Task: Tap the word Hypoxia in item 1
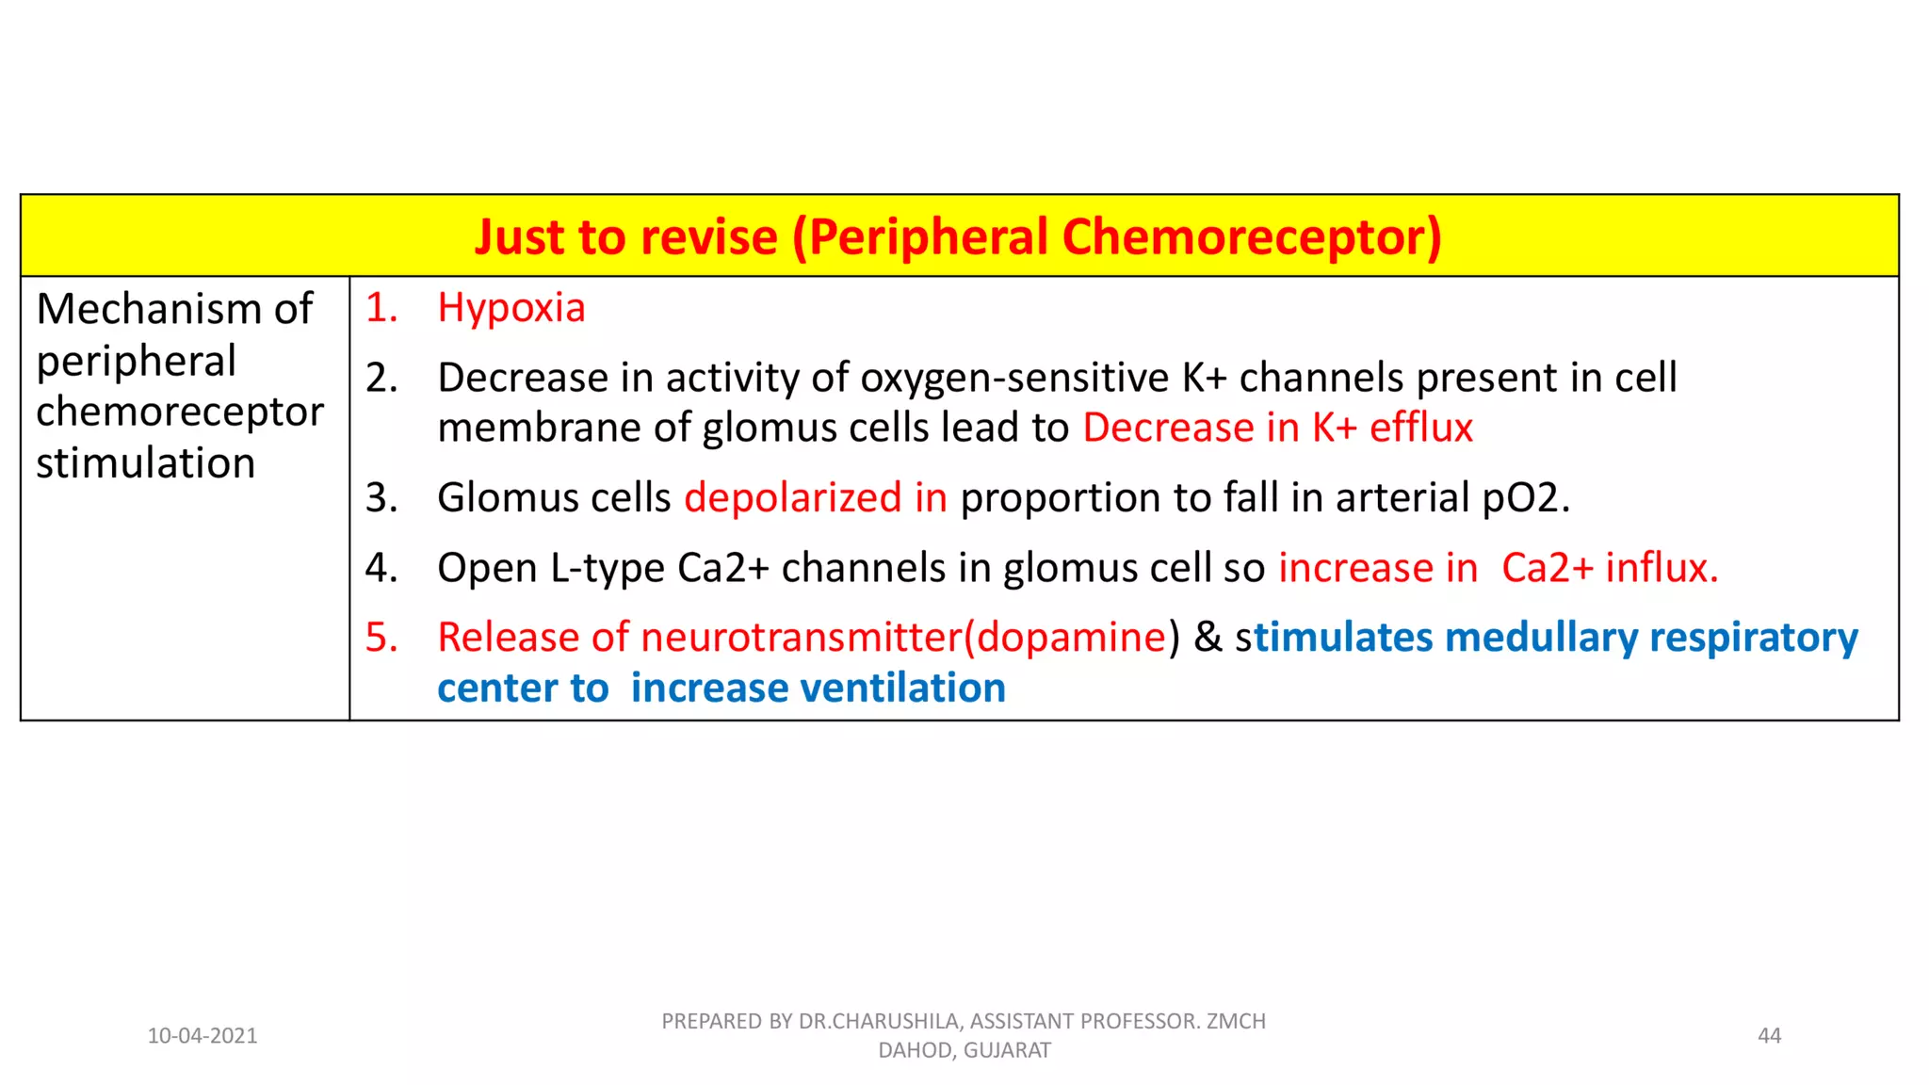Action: point(511,309)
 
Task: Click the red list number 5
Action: point(381,638)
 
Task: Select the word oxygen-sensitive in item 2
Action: point(1014,378)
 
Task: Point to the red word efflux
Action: point(1420,429)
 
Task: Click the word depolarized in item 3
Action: point(792,498)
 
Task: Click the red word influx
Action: point(1662,568)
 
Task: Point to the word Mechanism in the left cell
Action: point(149,309)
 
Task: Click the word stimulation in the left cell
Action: point(145,463)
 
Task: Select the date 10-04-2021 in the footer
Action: point(202,1036)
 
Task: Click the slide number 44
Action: point(1769,1036)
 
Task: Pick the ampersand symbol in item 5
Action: point(1208,638)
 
